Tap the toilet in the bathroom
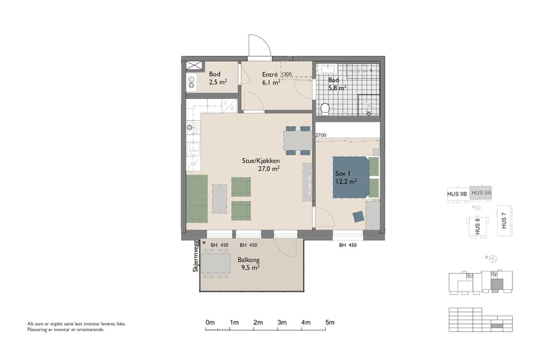coord(325,108)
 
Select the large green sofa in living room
coord(197,198)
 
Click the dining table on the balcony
coord(215,263)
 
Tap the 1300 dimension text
coord(287,74)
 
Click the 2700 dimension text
coord(320,136)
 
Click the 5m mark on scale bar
coord(329,323)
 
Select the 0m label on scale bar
coord(210,323)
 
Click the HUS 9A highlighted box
coord(481,193)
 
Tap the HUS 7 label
coord(504,221)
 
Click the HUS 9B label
coord(457,194)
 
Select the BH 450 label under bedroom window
coord(348,245)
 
